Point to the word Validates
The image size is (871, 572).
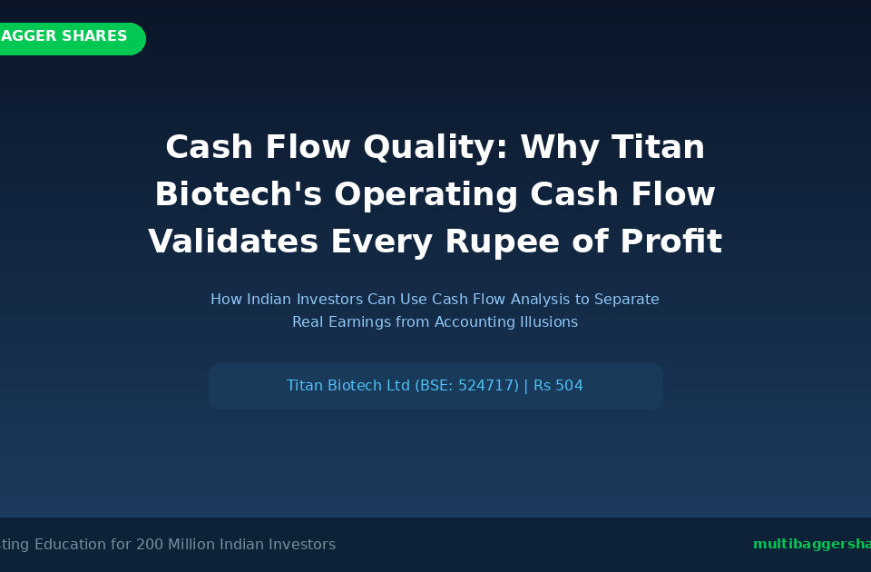[x=233, y=242]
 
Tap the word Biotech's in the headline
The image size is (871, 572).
[x=238, y=194]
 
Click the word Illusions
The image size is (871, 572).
[x=549, y=322]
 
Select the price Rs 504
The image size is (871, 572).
[x=558, y=386]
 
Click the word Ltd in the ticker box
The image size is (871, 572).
[x=398, y=386]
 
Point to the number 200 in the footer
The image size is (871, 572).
[x=151, y=545]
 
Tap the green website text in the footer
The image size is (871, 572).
[x=810, y=545]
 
